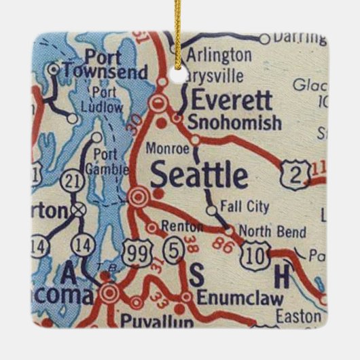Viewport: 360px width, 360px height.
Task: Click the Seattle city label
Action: coord(199,176)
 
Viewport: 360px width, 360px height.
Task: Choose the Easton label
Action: coord(298,315)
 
